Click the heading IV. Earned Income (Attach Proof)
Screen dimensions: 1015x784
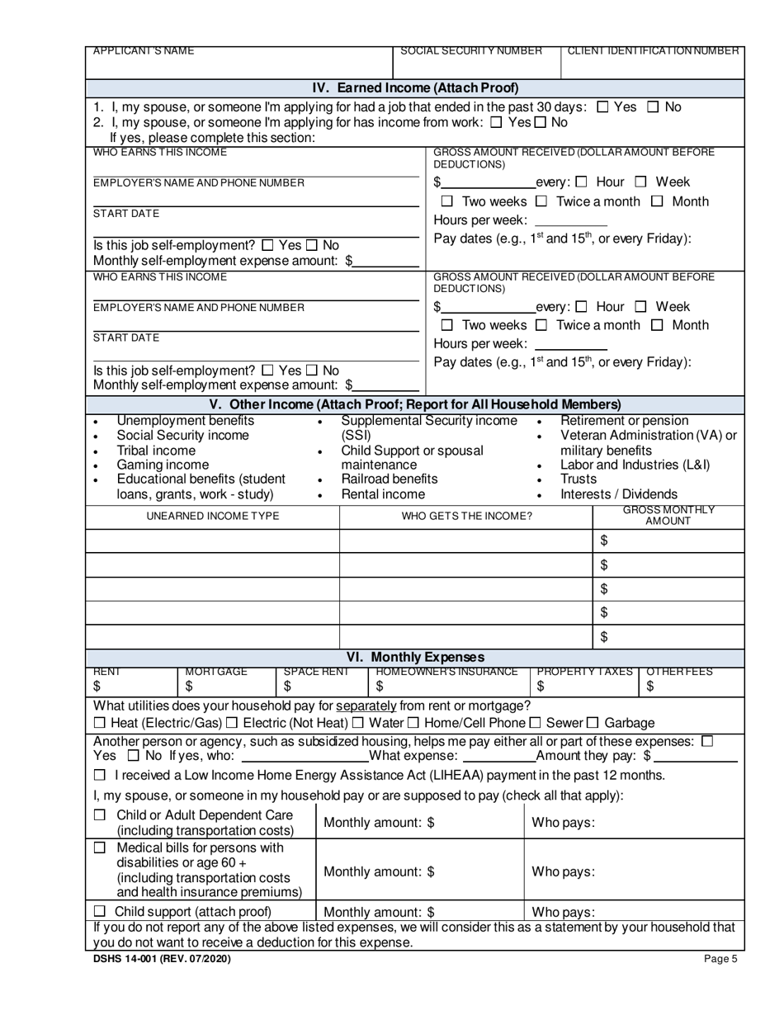tap(415, 88)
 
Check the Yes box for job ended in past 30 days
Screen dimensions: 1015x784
tap(602, 106)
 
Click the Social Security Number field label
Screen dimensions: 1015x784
tap(471, 51)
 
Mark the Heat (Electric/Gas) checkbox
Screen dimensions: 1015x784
tap(100, 724)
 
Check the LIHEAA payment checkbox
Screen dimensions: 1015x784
tap(100, 776)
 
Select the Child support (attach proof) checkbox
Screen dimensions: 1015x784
tap(100, 912)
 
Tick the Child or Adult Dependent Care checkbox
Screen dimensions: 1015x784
tap(100, 815)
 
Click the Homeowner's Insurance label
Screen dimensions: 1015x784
tap(446, 672)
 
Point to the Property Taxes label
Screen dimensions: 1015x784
tap(584, 672)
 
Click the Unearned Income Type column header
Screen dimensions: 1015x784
tap(213, 517)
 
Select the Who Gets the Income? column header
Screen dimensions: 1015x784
tap(466, 517)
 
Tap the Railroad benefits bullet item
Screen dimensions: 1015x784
tap(390, 479)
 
